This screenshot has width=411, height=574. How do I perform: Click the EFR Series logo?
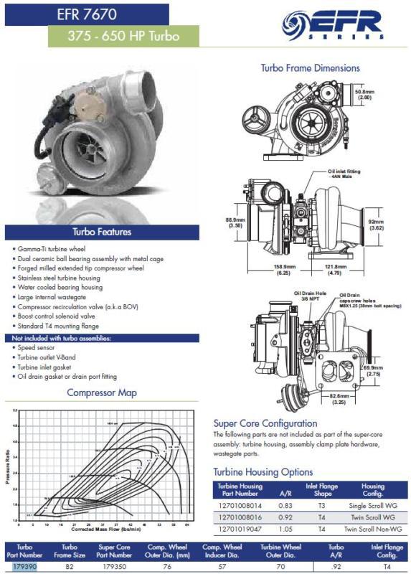[331, 26]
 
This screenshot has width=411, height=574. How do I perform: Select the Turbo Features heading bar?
[100, 232]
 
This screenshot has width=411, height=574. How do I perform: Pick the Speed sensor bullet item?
[41, 347]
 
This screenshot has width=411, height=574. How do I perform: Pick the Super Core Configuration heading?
[265, 423]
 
